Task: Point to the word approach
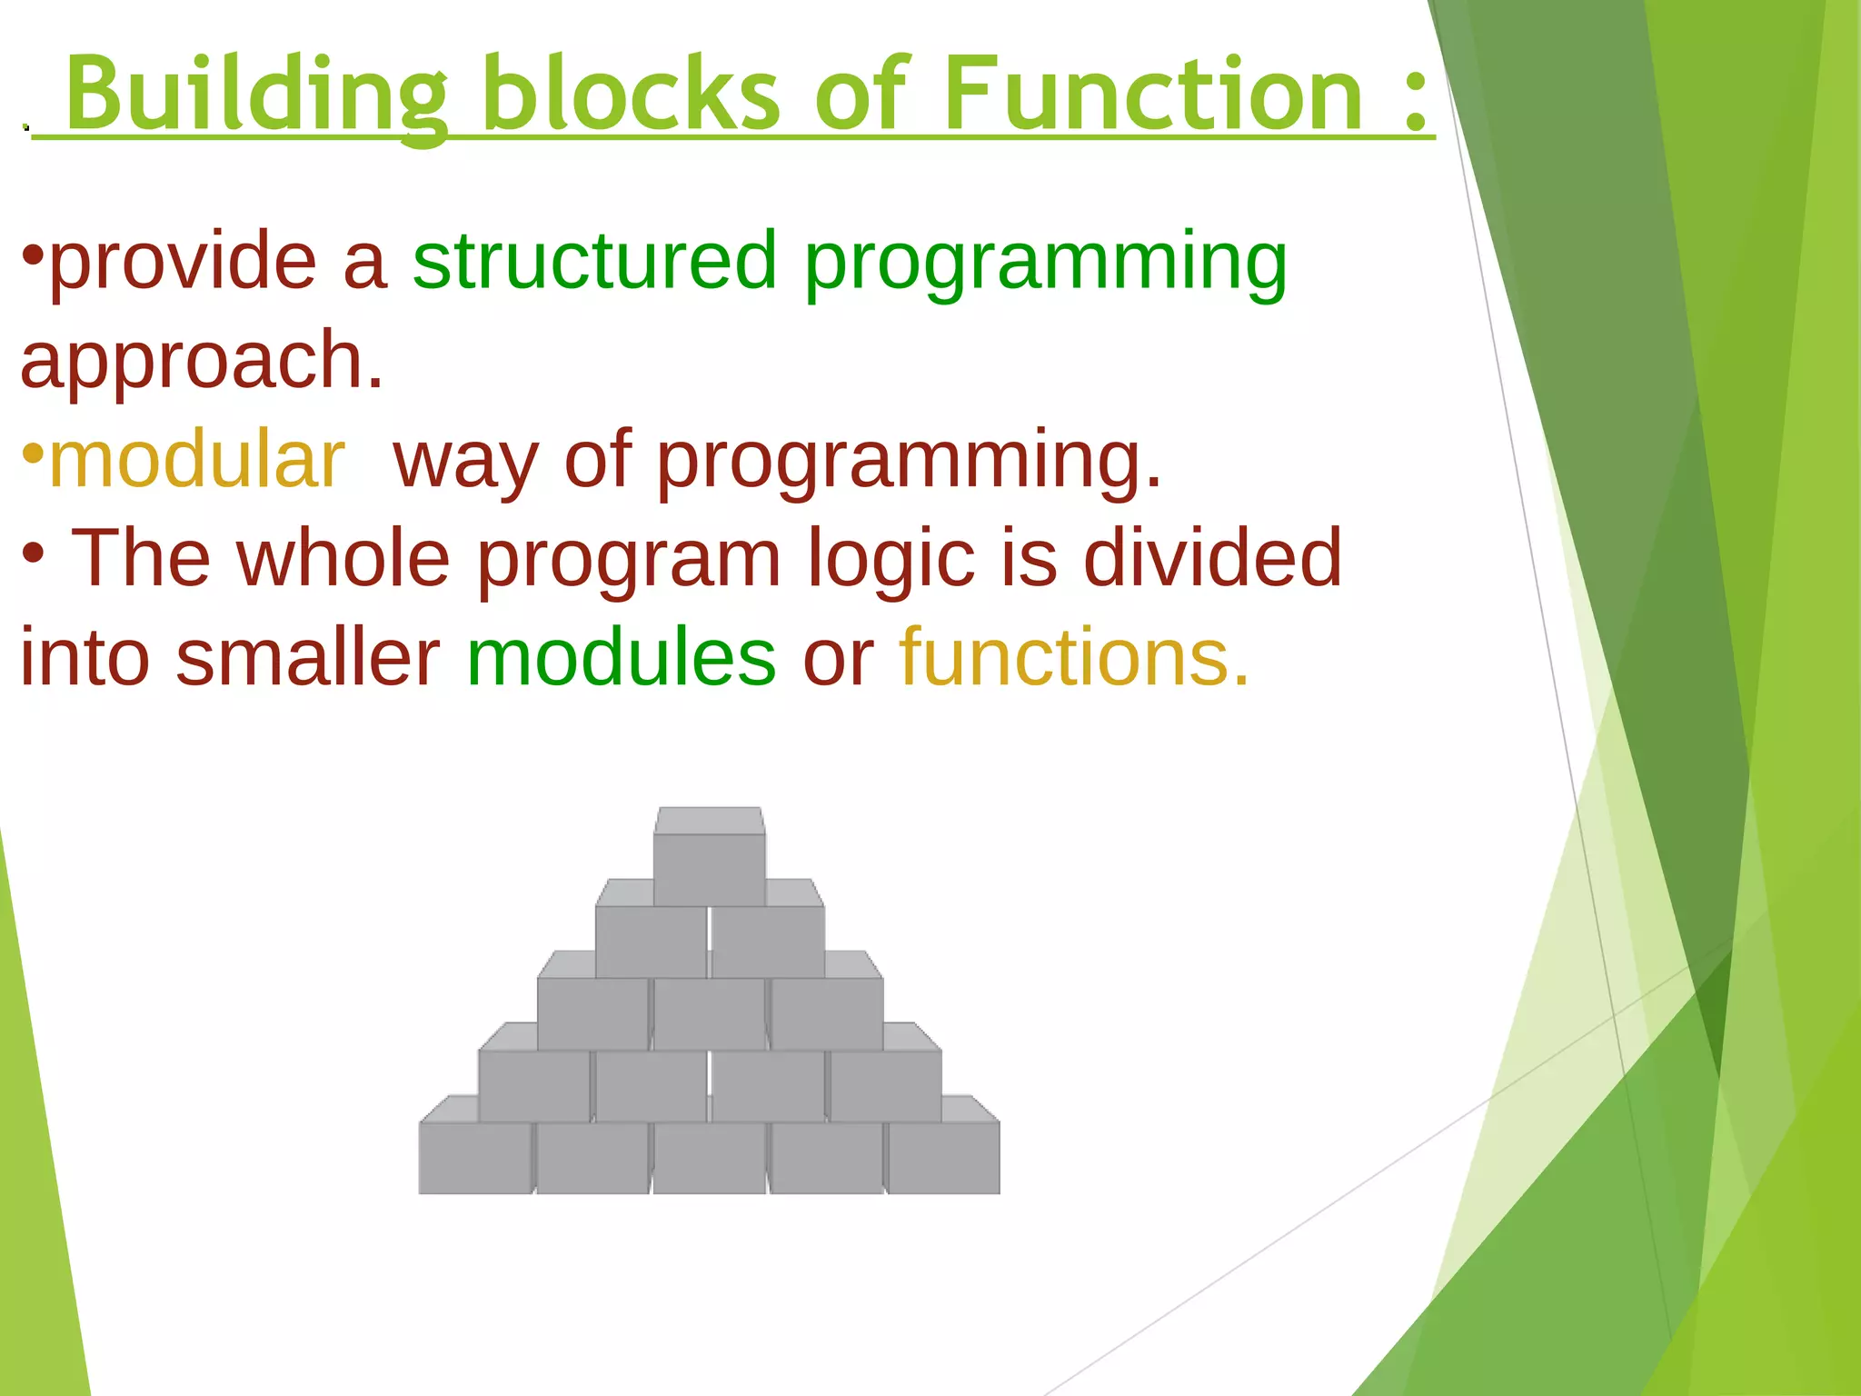click(202, 362)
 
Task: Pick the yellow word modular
click(196, 460)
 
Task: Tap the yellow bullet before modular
click(33, 453)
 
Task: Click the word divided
click(1212, 558)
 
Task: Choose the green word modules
click(621, 658)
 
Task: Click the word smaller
click(307, 658)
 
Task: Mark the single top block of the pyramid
click(709, 868)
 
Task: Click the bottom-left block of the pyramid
click(474, 1156)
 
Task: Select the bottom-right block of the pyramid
click(943, 1156)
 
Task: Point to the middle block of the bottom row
click(709, 1156)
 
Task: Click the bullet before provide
click(33, 254)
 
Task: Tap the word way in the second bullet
click(465, 462)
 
